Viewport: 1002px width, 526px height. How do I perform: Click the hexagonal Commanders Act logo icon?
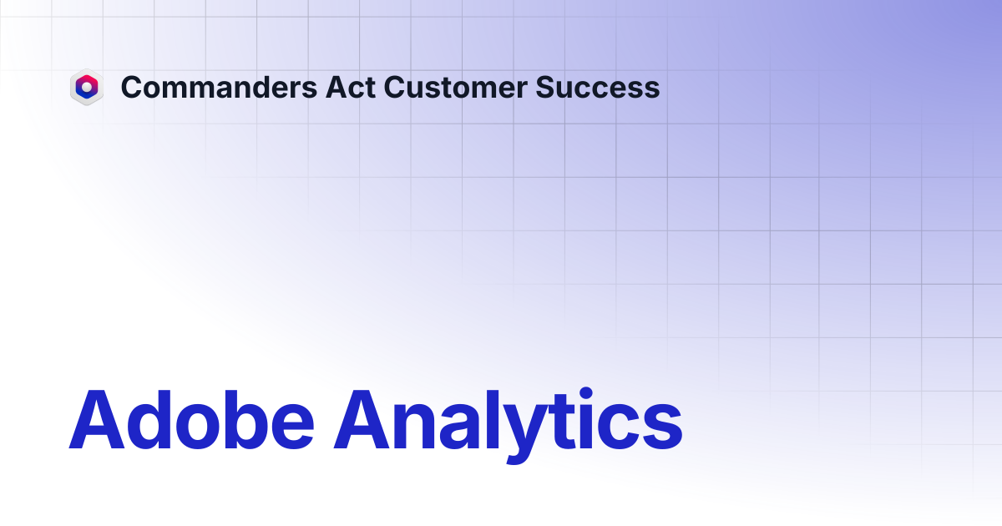pyautogui.click(x=87, y=87)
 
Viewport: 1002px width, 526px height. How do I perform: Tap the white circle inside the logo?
pyautogui.click(x=87, y=87)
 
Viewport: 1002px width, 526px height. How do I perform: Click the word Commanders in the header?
pyautogui.click(x=219, y=87)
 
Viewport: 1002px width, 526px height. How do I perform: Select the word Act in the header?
pyautogui.click(x=350, y=87)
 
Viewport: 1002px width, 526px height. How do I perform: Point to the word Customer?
pyautogui.click(x=455, y=87)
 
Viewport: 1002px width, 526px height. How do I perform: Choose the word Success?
pyautogui.click(x=598, y=87)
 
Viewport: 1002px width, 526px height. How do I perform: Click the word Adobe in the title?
pyautogui.click(x=191, y=419)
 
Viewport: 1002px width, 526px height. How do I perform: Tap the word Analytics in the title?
pyautogui.click(x=509, y=425)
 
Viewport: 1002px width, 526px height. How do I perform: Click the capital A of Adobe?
pyautogui.click(x=96, y=419)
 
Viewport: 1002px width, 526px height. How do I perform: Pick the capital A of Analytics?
pyautogui.click(x=362, y=419)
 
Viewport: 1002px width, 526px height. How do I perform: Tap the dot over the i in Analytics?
pyautogui.click(x=585, y=393)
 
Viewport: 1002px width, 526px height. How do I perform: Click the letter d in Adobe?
pyautogui.click(x=150, y=419)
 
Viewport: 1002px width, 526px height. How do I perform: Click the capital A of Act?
pyautogui.click(x=337, y=87)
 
